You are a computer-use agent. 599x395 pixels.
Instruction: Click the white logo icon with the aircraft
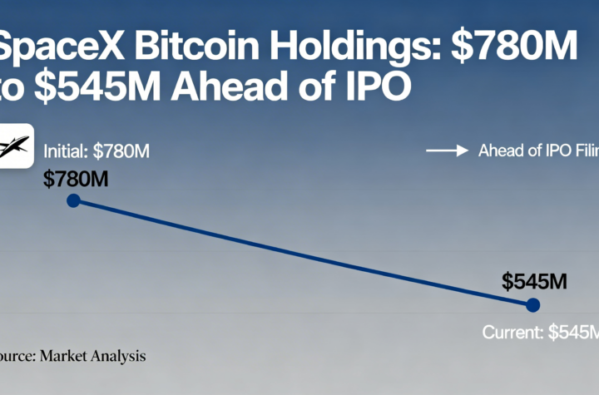coord(13,146)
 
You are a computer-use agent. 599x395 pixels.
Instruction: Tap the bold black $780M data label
coord(77,177)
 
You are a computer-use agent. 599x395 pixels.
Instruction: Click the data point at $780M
coord(73,200)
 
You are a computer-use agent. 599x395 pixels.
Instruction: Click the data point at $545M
coord(533,305)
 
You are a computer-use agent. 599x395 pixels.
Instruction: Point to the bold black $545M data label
coord(534,281)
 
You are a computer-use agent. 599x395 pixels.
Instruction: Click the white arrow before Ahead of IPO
coord(446,151)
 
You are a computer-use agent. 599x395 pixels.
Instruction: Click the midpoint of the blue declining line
coord(303,253)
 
